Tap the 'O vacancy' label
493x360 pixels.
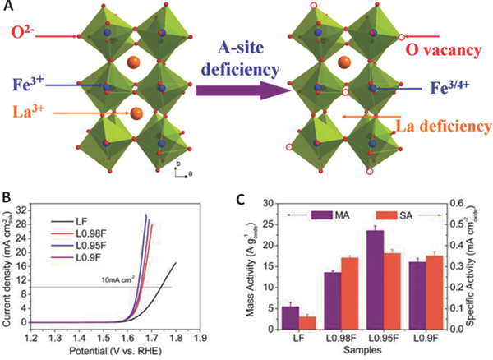450,50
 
